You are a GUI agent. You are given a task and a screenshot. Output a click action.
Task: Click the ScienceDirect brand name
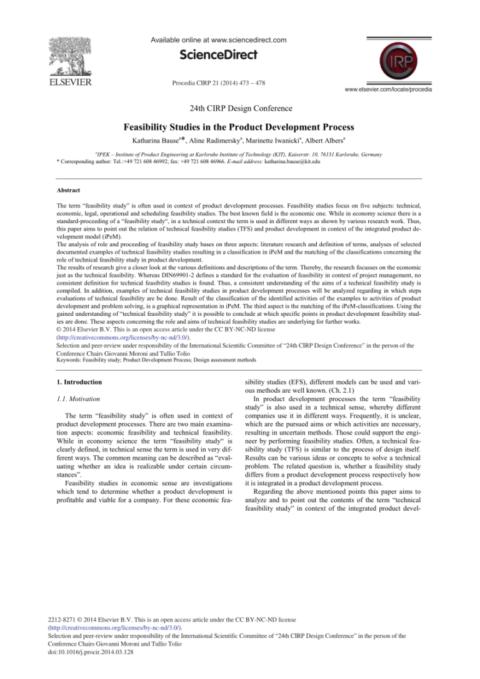point(218,55)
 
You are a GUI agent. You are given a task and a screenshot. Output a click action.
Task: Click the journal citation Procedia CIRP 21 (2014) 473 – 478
point(218,82)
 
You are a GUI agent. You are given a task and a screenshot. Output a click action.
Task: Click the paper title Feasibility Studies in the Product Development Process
point(239,127)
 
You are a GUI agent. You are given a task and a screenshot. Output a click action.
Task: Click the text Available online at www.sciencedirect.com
point(218,40)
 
